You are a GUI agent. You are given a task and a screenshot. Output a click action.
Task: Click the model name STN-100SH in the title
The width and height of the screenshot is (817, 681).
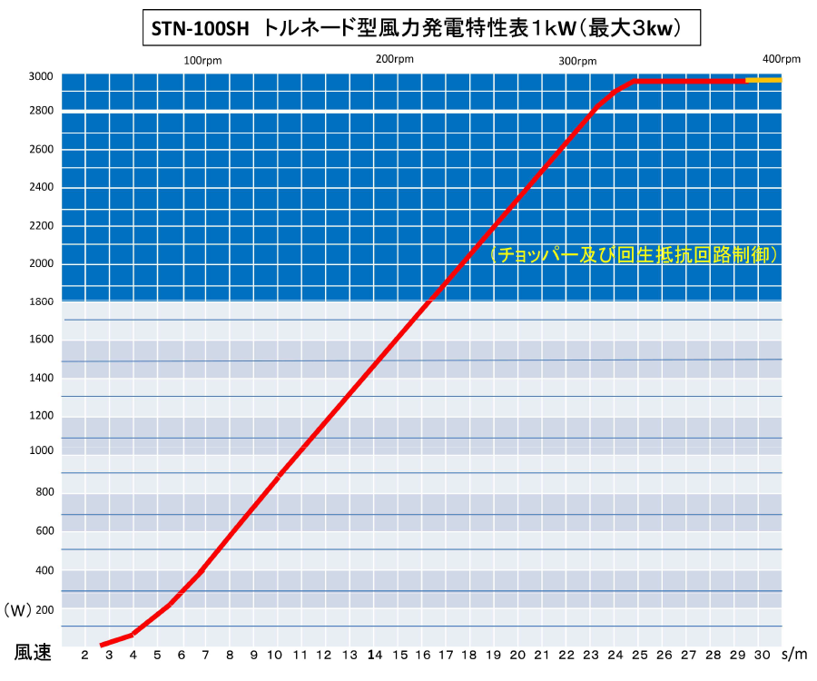(200, 28)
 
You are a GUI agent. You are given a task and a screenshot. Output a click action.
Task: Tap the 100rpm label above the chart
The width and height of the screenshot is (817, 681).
(202, 61)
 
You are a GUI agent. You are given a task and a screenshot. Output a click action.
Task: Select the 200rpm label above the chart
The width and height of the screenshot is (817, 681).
(395, 59)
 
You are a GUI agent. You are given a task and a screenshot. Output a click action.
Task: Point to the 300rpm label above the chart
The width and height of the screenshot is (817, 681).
(577, 62)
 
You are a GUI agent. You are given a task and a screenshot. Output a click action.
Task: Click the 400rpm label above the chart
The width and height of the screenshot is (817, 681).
(781, 59)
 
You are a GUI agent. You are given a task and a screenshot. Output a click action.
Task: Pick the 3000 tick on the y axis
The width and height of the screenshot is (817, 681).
(41, 76)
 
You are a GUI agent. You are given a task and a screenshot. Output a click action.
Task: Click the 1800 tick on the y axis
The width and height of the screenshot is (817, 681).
(41, 301)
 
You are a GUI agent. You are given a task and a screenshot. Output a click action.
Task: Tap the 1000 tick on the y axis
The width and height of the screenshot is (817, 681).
(41, 450)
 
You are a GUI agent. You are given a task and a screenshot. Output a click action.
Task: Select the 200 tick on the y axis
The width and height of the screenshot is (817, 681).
(44, 609)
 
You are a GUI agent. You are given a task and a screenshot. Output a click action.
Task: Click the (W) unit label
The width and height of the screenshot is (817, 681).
(18, 610)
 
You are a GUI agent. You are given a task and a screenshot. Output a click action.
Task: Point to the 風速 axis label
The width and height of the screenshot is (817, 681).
(33, 652)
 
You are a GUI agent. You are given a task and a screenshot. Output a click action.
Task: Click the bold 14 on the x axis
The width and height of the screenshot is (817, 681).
(375, 655)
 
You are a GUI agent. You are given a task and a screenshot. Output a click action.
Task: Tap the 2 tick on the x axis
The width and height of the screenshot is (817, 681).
(85, 655)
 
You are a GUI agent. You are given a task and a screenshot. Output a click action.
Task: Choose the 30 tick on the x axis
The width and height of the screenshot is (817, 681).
(762, 655)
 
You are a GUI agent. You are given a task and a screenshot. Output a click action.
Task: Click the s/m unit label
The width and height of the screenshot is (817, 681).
(794, 655)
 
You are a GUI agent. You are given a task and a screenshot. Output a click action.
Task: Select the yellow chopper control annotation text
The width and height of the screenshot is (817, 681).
(635, 255)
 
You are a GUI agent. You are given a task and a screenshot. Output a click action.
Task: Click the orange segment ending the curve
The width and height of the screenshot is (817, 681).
(763, 80)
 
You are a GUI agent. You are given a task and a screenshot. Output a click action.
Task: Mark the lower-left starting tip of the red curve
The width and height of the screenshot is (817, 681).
(101, 646)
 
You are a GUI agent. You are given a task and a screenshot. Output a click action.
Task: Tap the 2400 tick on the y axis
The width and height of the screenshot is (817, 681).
(41, 187)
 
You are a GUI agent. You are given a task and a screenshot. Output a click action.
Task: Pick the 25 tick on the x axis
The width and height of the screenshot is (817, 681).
(639, 655)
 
